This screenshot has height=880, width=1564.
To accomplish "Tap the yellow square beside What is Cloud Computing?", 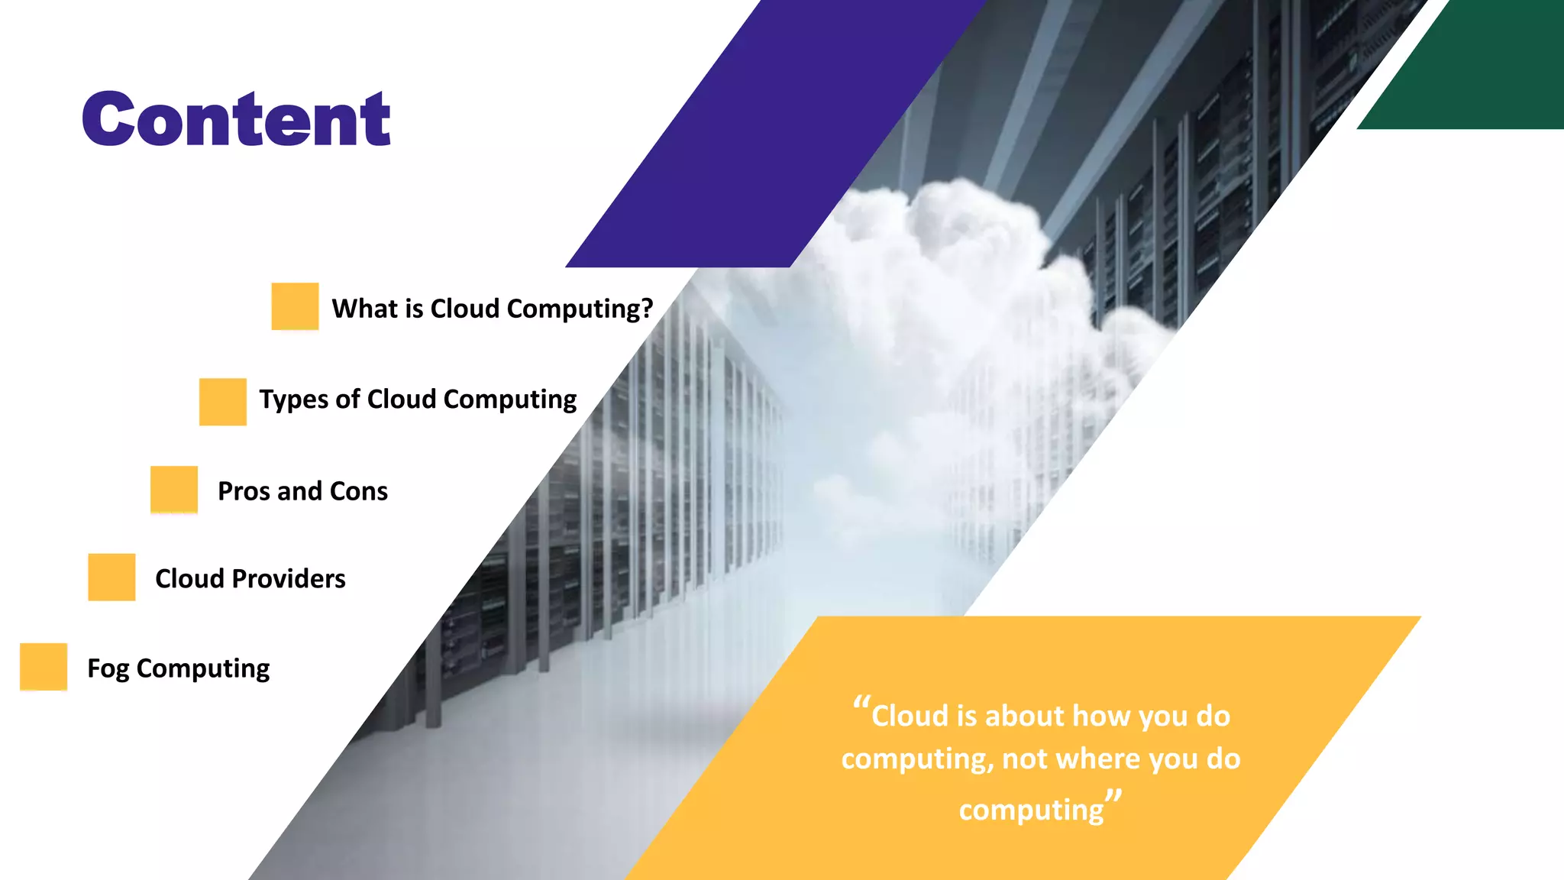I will pyautogui.click(x=295, y=306).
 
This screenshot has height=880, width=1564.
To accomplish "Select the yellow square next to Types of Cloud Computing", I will pyautogui.click(x=222, y=401).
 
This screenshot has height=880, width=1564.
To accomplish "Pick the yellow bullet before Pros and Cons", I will pyautogui.click(x=174, y=489).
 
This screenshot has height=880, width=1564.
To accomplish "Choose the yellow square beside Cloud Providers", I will pyautogui.click(x=111, y=577).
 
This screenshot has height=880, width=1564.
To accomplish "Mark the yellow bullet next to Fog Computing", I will pyautogui.click(x=44, y=666).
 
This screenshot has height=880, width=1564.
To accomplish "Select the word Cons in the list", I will pyautogui.click(x=359, y=491).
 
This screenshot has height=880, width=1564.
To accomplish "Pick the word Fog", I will pyautogui.click(x=108, y=669).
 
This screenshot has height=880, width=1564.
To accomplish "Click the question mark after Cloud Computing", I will pyautogui.click(x=647, y=309).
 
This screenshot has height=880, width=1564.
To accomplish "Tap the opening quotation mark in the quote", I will pyautogui.click(x=861, y=704).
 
